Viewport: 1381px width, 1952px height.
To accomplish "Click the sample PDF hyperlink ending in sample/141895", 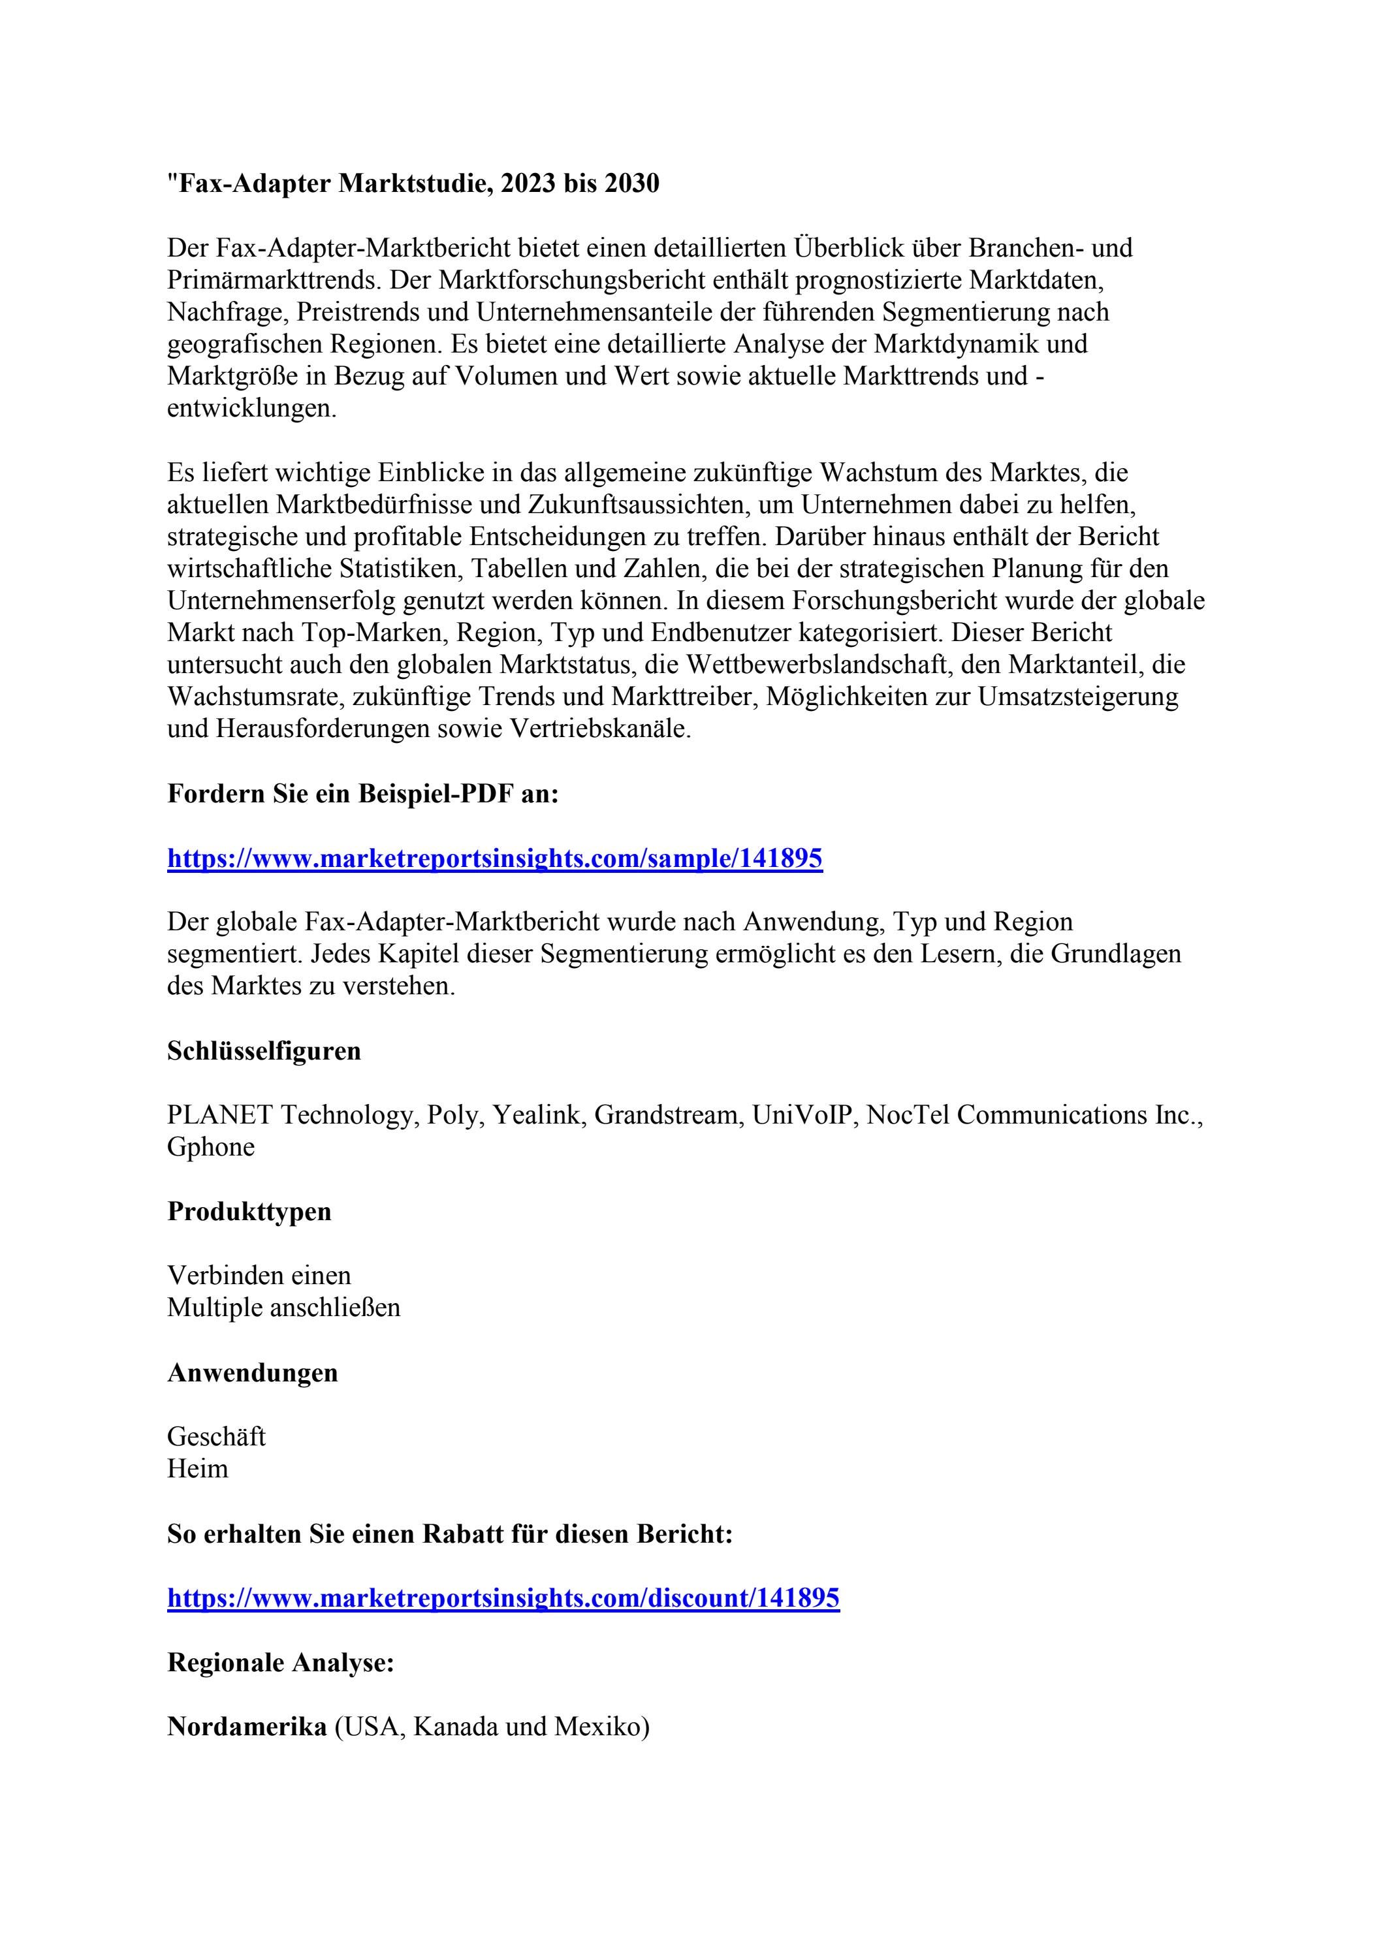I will coord(494,858).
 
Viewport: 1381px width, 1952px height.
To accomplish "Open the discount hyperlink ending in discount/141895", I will coord(503,1598).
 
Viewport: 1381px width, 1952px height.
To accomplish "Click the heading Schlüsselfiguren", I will coord(264,1051).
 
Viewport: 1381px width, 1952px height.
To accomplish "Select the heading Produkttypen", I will coord(249,1212).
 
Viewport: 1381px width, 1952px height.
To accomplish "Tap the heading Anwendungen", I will coord(253,1372).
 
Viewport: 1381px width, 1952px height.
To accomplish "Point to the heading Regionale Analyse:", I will coord(281,1662).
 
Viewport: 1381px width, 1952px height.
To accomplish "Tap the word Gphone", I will coord(211,1147).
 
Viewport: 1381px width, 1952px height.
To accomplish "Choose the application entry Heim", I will coord(197,1468).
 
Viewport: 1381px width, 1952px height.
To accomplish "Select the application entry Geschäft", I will coord(216,1437).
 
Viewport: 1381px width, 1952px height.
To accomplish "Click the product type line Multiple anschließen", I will coord(283,1308).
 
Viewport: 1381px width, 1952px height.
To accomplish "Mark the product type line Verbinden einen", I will coord(259,1275).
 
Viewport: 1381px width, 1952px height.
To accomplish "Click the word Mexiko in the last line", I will coord(598,1727).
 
